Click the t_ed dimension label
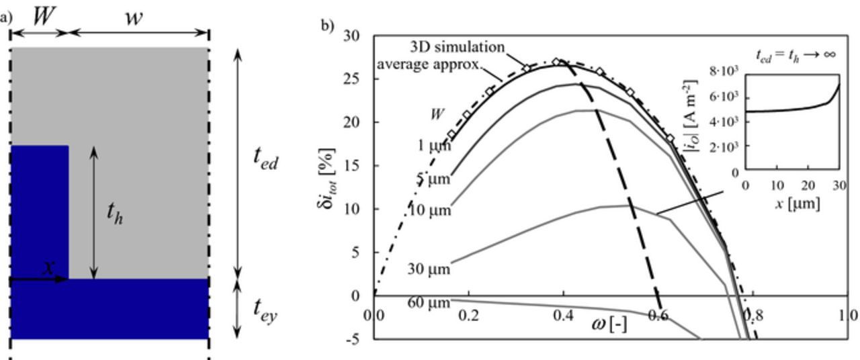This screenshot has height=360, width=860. coord(266,157)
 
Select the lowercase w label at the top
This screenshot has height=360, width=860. coord(134,18)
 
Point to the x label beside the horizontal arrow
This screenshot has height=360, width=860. coord(48,267)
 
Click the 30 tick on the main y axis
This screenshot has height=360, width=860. coord(351,36)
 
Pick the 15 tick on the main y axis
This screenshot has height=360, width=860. coord(351,165)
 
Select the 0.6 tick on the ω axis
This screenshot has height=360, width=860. coord(660,316)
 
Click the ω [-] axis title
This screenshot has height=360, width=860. coord(609,324)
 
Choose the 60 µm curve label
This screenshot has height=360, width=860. coord(429,304)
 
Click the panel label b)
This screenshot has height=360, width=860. coord(327,26)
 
